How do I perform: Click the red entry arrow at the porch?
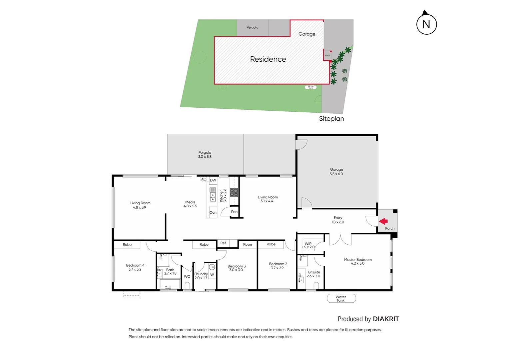pyautogui.click(x=383, y=221)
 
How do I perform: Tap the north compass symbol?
pyautogui.click(x=426, y=24)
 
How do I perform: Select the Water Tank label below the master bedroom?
pyautogui.click(x=341, y=299)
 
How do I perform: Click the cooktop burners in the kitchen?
pyautogui.click(x=234, y=192)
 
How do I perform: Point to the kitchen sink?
pyautogui.click(x=213, y=195)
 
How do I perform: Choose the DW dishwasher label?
pyautogui.click(x=213, y=180)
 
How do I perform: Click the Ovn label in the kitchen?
pyautogui.click(x=213, y=213)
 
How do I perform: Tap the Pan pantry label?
pyautogui.click(x=234, y=212)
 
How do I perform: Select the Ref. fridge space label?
pyautogui.click(x=224, y=243)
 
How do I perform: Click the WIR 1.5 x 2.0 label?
pyautogui.click(x=308, y=245)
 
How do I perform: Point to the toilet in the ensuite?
pyautogui.click(x=316, y=285)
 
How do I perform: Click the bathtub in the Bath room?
pyautogui.click(x=170, y=284)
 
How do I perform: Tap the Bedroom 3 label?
pyautogui.click(x=237, y=268)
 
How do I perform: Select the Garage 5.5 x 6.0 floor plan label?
pyautogui.click(x=336, y=172)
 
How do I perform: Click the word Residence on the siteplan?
pyautogui.click(x=268, y=59)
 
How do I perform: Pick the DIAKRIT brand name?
pyautogui.click(x=386, y=319)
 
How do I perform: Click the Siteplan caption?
pyautogui.click(x=331, y=119)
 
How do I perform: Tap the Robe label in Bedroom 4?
pyautogui.click(x=127, y=245)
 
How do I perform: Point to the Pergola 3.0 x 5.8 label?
pyautogui.click(x=205, y=154)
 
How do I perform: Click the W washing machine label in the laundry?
pyautogui.click(x=212, y=275)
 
